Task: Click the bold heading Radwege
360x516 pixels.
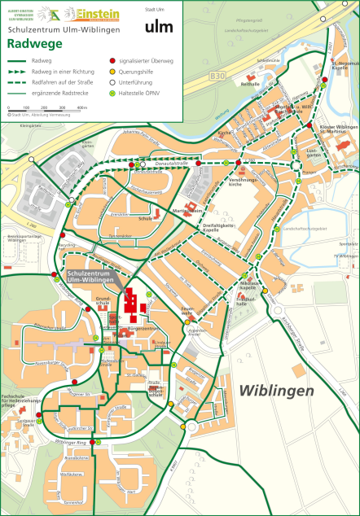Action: click(x=29, y=44)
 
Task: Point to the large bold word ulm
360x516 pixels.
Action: click(x=159, y=27)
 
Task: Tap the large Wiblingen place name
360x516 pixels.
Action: click(x=276, y=391)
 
